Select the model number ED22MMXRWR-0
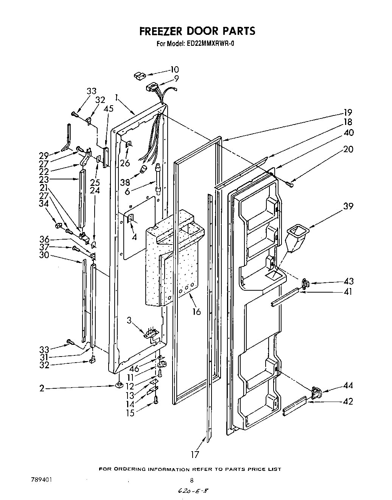point(211,44)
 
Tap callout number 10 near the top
point(174,70)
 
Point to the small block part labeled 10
point(139,75)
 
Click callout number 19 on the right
point(348,112)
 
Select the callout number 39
point(348,206)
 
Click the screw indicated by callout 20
point(290,184)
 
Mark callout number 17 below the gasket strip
point(195,454)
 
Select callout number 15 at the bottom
point(130,413)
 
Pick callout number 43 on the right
point(348,281)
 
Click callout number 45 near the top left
point(109,108)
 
